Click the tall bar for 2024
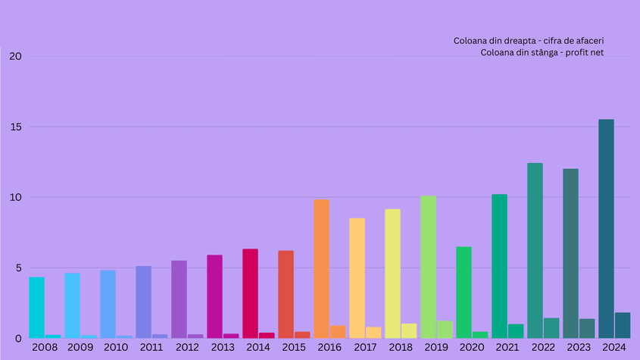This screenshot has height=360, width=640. pyautogui.click(x=606, y=228)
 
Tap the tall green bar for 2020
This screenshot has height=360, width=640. pyautogui.click(x=464, y=292)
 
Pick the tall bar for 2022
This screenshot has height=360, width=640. pyautogui.click(x=535, y=250)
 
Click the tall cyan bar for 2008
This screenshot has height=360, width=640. pyautogui.click(x=36, y=307)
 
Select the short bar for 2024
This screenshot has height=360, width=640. pyautogui.click(x=623, y=325)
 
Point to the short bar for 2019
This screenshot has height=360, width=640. pyautogui.click(x=445, y=330)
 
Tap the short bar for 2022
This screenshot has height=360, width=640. pyautogui.click(x=551, y=328)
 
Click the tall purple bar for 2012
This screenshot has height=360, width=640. pyautogui.click(x=179, y=299)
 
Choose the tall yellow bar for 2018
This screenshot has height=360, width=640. pyautogui.click(x=392, y=274)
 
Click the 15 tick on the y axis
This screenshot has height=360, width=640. pyautogui.click(x=16, y=127)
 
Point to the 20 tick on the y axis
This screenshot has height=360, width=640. pyautogui.click(x=16, y=56)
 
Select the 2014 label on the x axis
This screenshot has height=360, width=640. pyautogui.click(x=258, y=347)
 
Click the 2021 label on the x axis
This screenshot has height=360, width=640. pyautogui.click(x=507, y=347)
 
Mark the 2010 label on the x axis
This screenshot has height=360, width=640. pyautogui.click(x=116, y=347)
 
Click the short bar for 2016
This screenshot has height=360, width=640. pyautogui.click(x=338, y=332)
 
